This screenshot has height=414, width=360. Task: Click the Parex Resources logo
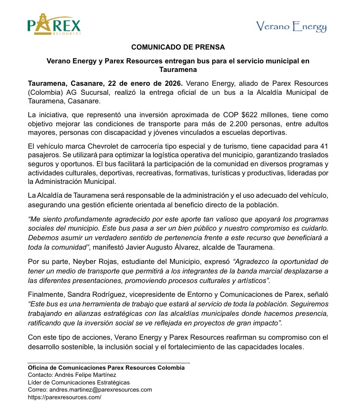tap(54, 24)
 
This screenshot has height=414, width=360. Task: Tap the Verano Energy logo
tap(291, 27)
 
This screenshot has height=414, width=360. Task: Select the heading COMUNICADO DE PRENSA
tap(178, 47)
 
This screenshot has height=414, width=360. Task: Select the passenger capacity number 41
tap(324, 146)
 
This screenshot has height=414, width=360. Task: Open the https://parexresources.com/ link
tap(64, 397)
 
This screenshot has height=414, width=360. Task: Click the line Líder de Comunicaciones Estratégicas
tap(79, 382)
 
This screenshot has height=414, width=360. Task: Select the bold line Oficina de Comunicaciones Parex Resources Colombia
tap(106, 368)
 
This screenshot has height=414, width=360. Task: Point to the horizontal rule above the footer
tap(109, 363)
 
